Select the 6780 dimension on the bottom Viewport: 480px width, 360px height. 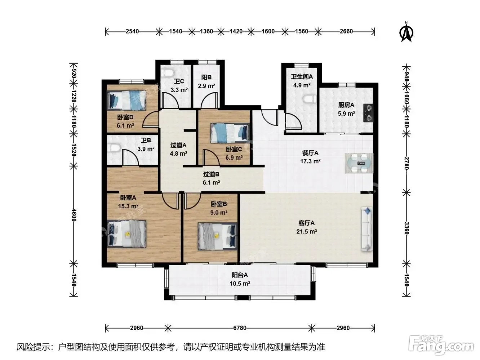240,328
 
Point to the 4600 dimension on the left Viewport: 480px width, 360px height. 74,215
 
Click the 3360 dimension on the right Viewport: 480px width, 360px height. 406,228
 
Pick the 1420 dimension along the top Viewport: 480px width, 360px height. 236,31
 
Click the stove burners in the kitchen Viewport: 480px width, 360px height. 368,113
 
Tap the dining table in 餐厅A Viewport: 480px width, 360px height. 359,163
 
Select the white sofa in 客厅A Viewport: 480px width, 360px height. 367,228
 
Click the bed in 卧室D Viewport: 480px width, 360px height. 126,100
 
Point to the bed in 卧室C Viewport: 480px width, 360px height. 230,133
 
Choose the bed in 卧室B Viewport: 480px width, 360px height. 218,236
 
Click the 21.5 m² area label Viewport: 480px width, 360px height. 306,231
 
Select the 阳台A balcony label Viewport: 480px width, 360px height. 240,275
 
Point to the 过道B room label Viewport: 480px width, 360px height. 211,174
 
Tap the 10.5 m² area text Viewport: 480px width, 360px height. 240,284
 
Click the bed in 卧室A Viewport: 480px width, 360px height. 126,234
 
